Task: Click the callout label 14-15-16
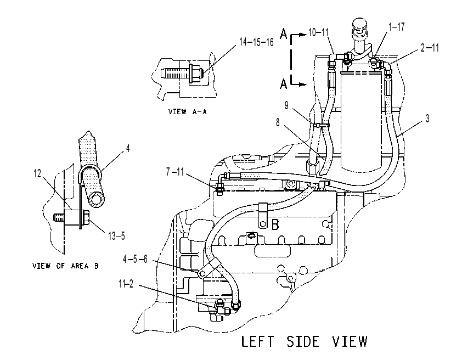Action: pos(256,42)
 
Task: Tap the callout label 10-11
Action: pos(318,32)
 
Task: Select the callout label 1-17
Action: pos(397,27)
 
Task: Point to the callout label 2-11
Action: pos(430,48)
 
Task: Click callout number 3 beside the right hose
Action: pos(427,119)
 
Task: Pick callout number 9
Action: pos(286,105)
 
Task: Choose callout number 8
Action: pos(278,122)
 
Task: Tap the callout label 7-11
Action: pos(175,171)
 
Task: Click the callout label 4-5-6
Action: pos(135,260)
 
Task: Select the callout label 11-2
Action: pos(126,284)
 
